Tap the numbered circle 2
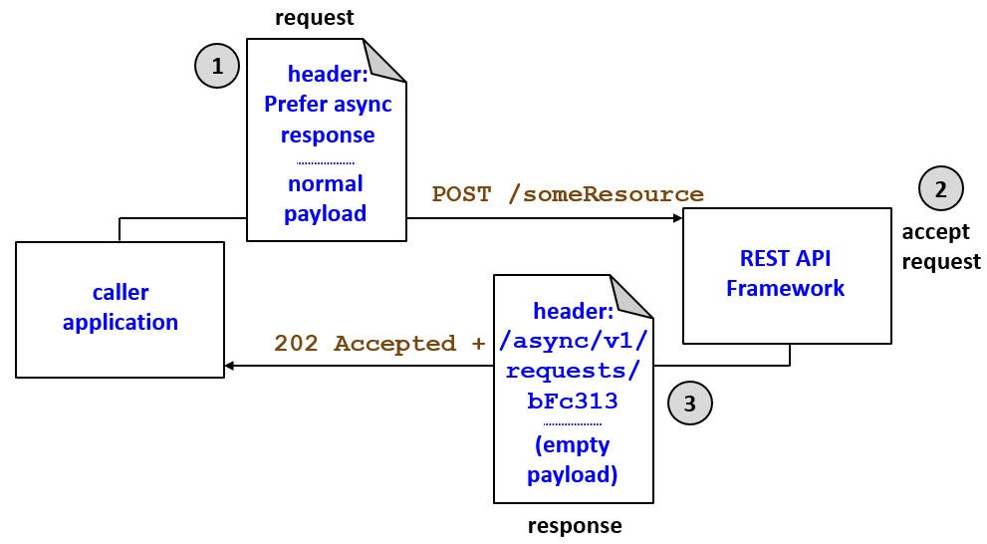941,189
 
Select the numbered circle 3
690,404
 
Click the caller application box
120,309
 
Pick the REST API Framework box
786,274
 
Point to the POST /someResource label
568,194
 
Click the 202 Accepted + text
379,344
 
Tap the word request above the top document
314,18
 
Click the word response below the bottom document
574,525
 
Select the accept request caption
941,247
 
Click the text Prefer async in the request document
328,104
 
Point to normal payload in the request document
326,198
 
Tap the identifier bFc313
573,402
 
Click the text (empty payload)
572,460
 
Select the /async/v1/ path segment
573,342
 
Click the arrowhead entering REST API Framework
676,217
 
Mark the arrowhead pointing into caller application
231,366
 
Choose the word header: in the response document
573,312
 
